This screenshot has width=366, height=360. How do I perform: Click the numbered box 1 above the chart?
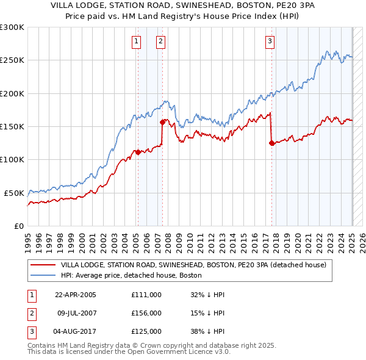[x=135, y=41]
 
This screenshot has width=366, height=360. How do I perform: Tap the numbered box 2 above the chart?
[x=160, y=41]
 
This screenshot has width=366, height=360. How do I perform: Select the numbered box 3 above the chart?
[x=270, y=41]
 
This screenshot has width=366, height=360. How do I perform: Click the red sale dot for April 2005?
[x=138, y=152]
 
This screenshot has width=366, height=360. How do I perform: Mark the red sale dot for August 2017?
[x=271, y=143]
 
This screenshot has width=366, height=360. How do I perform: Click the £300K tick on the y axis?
[x=12, y=27]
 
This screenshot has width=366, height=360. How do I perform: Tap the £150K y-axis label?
[x=12, y=126]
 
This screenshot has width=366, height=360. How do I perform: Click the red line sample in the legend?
[x=43, y=265]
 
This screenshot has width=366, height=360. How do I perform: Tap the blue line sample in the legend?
[x=43, y=275]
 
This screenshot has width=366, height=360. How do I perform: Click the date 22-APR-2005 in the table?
[x=76, y=295]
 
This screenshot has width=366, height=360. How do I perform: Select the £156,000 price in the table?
[x=146, y=313]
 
